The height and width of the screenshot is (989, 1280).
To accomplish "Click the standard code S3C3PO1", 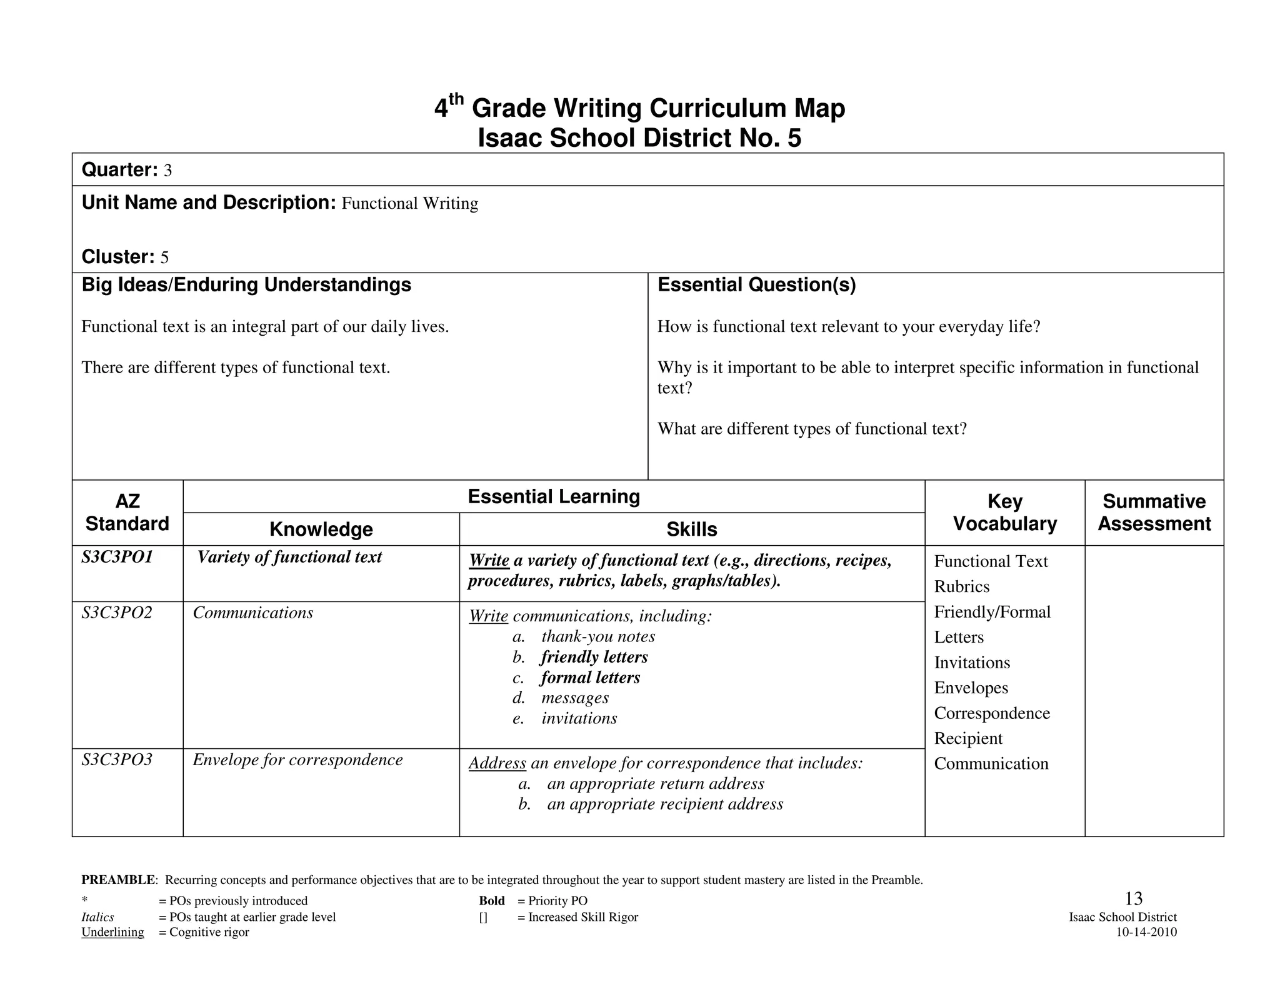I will pos(117,557).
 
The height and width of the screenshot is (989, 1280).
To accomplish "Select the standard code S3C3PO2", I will pos(117,613).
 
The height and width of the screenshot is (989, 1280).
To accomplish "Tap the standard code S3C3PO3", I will pos(117,760).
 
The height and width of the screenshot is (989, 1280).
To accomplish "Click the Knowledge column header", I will pos(321,530).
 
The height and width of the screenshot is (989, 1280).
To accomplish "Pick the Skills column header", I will pos(691,530).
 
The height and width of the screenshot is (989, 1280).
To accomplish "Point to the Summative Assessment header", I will pos(1154,513).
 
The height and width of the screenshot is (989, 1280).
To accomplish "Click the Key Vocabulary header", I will pos(1004,513).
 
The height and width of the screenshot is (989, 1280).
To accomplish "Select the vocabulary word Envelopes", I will pos(971,688).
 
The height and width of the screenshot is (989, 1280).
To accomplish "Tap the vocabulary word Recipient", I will pos(967,738).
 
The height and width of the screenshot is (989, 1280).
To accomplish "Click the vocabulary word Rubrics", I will pos(961,586).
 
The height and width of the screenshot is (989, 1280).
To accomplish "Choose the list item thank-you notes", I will pos(597,636).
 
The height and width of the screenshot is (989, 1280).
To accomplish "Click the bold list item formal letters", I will pos(590,678).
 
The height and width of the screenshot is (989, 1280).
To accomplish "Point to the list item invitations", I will pos(579,718).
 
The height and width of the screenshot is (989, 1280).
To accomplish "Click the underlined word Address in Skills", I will pos(497,763).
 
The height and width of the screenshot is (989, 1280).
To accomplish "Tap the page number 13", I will pos(1133,899).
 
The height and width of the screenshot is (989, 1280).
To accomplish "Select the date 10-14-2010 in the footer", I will pos(1146,932).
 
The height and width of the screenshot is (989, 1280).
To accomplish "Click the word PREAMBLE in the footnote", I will pos(119,880).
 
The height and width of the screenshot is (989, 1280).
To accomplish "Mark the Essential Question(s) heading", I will pos(756,285).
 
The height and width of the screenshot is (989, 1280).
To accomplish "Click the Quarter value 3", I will pos(167,171).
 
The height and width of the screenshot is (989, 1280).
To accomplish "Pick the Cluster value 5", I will pos(164,258).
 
